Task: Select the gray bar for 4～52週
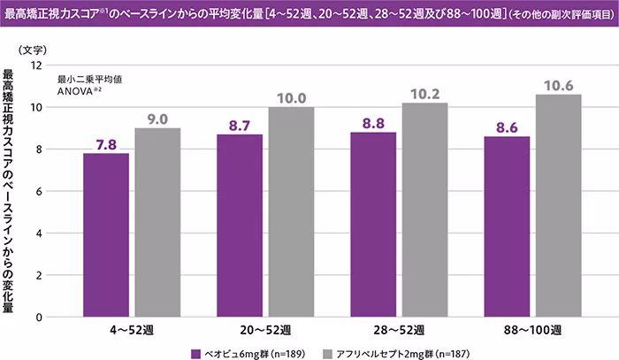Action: point(157,223)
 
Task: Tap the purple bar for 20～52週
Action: point(240,226)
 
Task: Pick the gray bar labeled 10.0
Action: point(291,212)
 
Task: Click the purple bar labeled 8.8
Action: point(373,225)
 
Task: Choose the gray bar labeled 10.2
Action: point(424,210)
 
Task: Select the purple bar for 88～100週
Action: point(507,226)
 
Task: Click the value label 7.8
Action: point(106,144)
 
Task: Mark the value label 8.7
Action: point(240,126)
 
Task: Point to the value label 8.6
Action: point(507,127)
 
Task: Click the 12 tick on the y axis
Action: point(36,65)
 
